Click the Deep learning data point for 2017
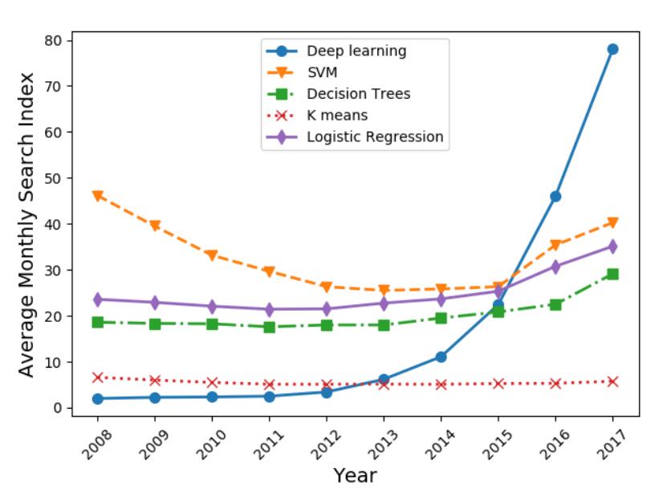[x=612, y=49]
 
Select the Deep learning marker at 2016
[x=555, y=196]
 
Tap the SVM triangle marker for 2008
[x=98, y=196]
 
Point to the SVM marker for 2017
[x=612, y=222]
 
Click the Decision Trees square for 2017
[x=612, y=274]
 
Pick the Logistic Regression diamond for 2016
[x=555, y=267]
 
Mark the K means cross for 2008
[x=98, y=377]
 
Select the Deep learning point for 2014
[x=441, y=356]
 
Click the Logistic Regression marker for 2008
[x=98, y=299]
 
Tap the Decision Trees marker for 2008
[x=98, y=322]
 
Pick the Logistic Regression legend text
[x=374, y=136]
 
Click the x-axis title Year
[x=355, y=475]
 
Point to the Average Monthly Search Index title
[x=27, y=224]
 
